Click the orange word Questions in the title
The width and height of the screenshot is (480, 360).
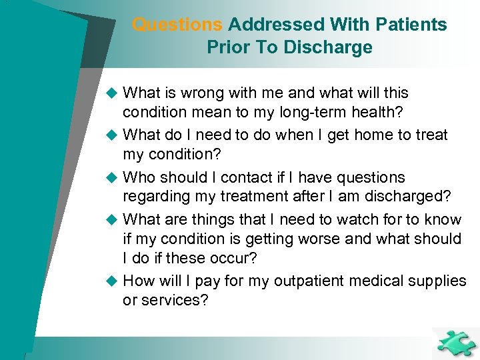click(x=177, y=25)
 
